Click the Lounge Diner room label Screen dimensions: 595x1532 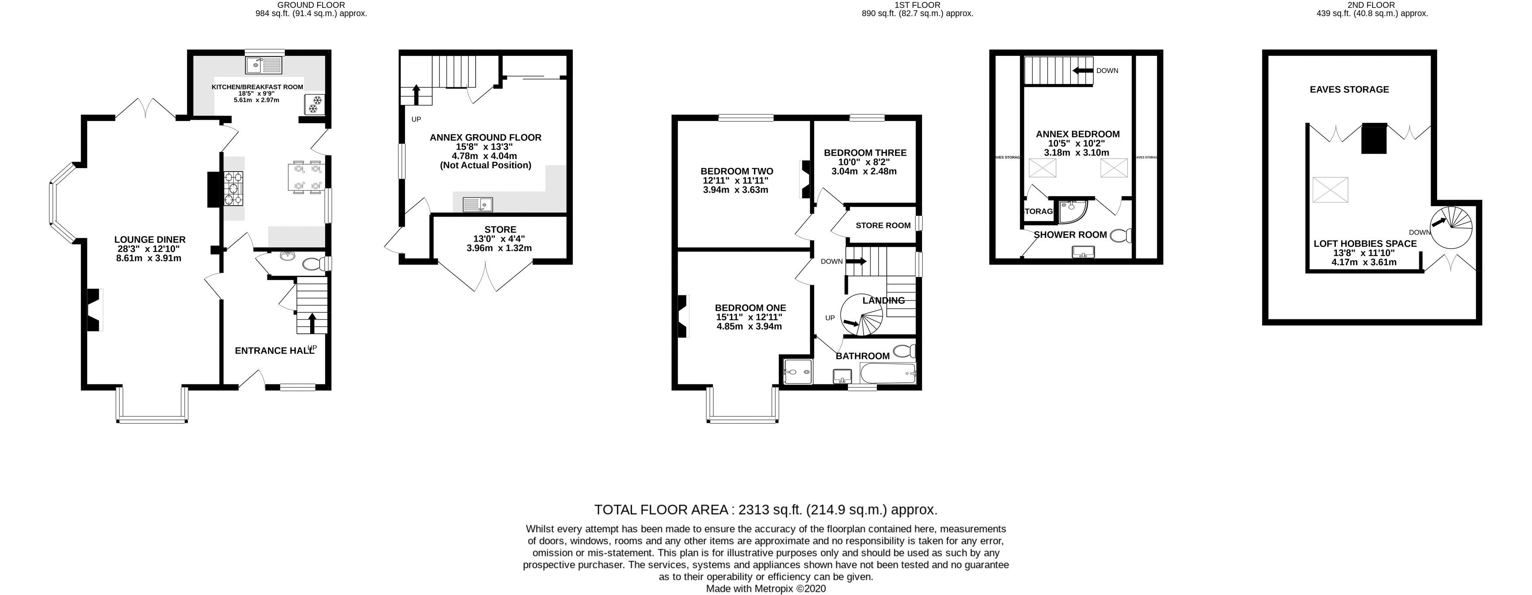(x=150, y=240)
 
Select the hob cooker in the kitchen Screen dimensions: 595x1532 (x=234, y=188)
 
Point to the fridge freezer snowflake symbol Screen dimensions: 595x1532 (x=313, y=104)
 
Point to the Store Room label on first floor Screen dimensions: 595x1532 (x=882, y=225)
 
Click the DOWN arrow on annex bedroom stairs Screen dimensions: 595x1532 (x=1083, y=71)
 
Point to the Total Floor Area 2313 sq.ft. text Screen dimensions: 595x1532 (x=765, y=510)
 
